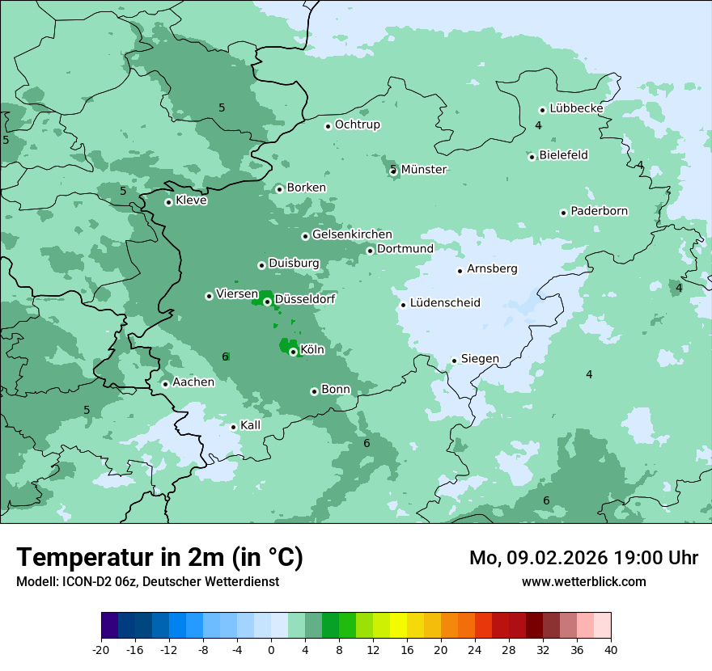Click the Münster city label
point(424,170)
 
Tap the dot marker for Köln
point(293,352)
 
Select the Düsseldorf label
point(305,300)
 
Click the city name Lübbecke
point(576,108)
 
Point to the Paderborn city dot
point(563,213)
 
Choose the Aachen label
point(193,382)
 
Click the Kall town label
point(251,425)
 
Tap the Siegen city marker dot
point(455,361)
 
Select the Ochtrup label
point(357,125)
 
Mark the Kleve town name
point(191,200)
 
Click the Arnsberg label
point(492,269)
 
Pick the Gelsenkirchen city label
point(352,235)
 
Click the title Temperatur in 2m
point(159,558)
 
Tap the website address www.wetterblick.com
point(583,582)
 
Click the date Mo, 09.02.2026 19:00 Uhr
point(583,558)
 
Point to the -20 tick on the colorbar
point(101,649)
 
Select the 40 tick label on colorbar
point(610,649)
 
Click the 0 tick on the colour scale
point(271,649)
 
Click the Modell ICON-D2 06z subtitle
point(147,582)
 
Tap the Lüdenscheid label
point(445,304)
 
